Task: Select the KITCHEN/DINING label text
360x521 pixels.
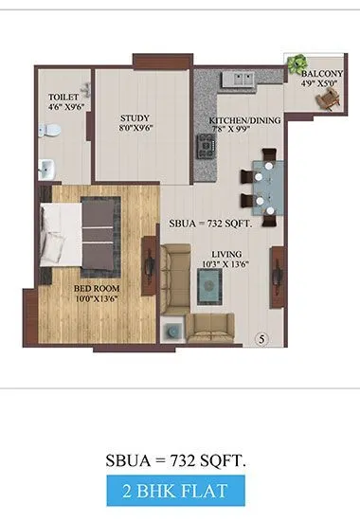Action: [243, 120]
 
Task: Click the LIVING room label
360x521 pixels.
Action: [225, 253]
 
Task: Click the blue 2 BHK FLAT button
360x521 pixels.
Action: [179, 493]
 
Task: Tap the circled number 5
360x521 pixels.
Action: [264, 338]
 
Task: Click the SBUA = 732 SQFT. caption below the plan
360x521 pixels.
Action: [179, 461]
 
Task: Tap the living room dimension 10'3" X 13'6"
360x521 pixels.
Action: [225, 265]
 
